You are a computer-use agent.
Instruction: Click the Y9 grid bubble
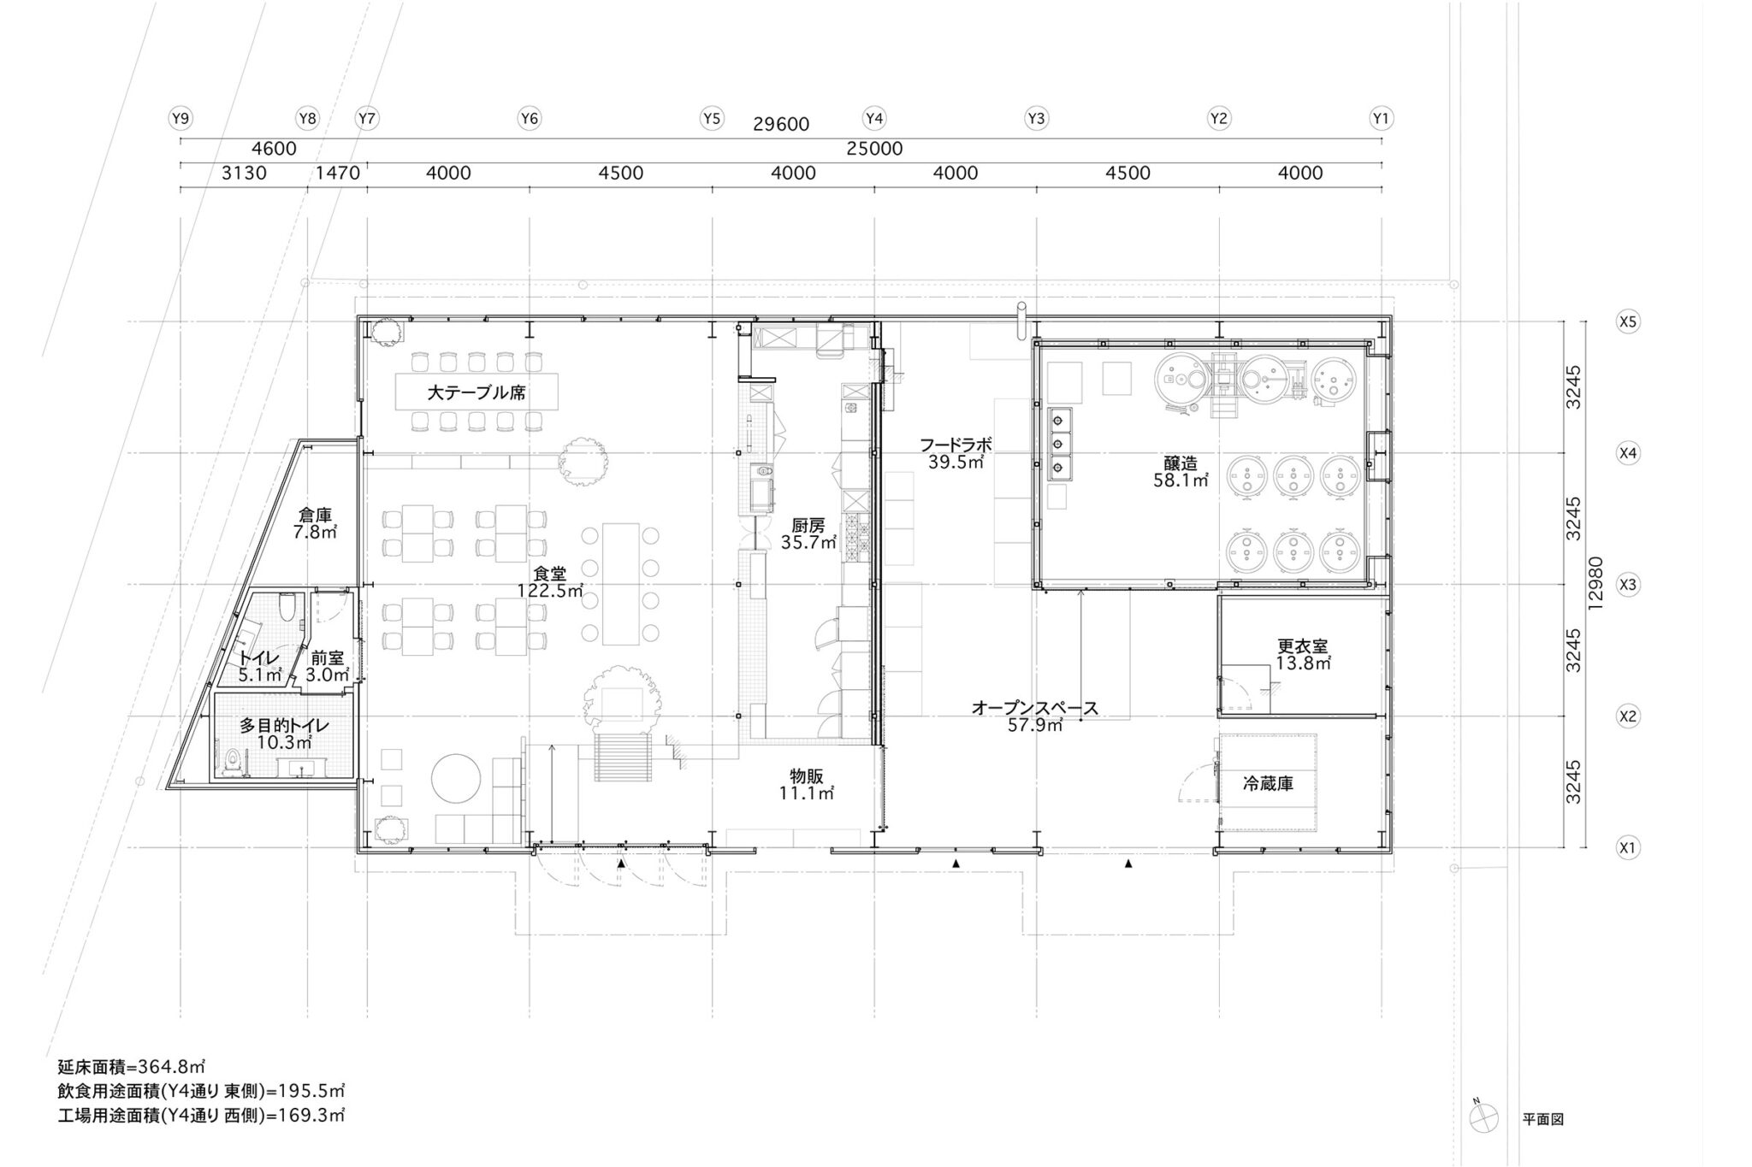tap(180, 119)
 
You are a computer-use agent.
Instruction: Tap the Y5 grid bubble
tap(712, 119)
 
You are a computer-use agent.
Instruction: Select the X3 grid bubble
tap(1627, 585)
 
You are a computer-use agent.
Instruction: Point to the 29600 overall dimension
tap(781, 125)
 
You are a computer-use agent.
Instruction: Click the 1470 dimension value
tap(338, 174)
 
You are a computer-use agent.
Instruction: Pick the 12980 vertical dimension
tap(1594, 584)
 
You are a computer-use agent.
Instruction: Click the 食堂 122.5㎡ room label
tap(550, 582)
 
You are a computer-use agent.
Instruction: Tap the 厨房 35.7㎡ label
tap(808, 534)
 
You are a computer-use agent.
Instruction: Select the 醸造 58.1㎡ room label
tap(1181, 472)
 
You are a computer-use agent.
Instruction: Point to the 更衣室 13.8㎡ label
tap(1303, 654)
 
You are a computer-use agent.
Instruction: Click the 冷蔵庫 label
tap(1268, 783)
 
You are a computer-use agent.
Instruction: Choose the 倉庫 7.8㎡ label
tap(315, 523)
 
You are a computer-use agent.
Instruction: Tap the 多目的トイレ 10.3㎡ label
tap(284, 734)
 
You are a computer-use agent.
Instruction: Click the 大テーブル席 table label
tap(476, 393)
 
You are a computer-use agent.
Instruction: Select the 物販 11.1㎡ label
tap(807, 784)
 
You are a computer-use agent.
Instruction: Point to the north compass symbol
tap(1483, 1140)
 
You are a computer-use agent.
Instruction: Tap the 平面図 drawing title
tap(1542, 1143)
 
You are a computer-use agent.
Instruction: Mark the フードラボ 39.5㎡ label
tap(956, 453)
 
